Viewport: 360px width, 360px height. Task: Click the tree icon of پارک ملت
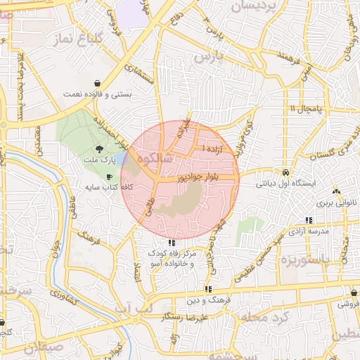point(99,148)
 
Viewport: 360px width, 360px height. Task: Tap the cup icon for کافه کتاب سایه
point(109,176)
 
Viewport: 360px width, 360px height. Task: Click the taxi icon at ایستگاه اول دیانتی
point(286,172)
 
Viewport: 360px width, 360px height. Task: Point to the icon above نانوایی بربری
point(336,191)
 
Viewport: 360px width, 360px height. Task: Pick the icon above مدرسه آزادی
point(309,220)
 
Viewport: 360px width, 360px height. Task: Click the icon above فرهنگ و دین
point(208,289)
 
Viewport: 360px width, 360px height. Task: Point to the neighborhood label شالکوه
point(155,160)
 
